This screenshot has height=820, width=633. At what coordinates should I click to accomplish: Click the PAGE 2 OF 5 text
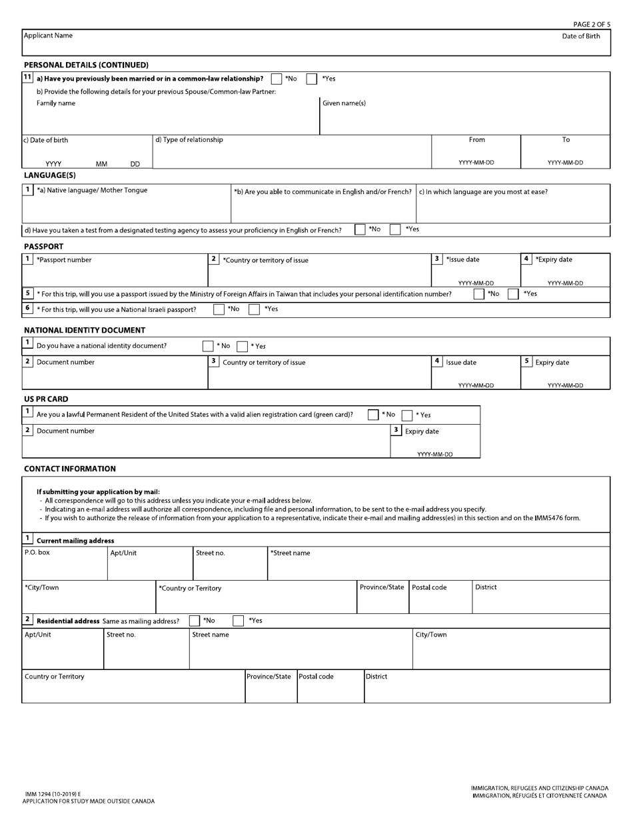(591, 25)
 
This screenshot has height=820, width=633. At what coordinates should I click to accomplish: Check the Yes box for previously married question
(312, 79)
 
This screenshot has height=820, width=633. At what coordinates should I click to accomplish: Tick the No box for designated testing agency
(360, 229)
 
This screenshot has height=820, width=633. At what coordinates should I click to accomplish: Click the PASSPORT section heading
(43, 247)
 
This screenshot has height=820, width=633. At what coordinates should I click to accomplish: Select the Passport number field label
(64, 260)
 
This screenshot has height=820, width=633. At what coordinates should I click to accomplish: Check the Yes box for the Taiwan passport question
(513, 294)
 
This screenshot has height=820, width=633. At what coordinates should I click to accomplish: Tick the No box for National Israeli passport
(219, 309)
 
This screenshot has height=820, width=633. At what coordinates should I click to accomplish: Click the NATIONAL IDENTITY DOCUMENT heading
(85, 330)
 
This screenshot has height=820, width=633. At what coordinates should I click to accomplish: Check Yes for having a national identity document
(243, 346)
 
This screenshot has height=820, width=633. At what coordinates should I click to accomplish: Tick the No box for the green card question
(373, 415)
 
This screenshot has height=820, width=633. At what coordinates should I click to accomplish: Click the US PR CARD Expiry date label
(422, 431)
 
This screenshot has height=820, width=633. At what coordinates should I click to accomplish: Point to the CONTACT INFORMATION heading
(70, 469)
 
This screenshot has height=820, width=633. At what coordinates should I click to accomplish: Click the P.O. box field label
(37, 553)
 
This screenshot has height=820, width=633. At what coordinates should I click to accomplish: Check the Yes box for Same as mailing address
(238, 621)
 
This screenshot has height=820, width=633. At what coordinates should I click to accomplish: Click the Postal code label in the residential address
(316, 677)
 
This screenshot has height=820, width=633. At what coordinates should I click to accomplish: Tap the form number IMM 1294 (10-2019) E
(53, 794)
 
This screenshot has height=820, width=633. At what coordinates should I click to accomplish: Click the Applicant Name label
(49, 36)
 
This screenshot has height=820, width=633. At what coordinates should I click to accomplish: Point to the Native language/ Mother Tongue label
(92, 191)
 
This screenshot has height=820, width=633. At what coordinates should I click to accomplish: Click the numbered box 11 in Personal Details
(27, 77)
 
